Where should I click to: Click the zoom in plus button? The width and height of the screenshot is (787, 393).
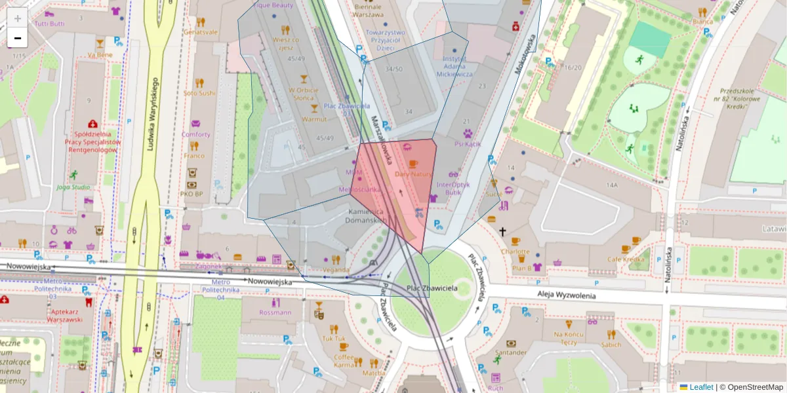pos(18,18)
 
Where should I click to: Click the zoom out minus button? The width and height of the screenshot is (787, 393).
pos(18,39)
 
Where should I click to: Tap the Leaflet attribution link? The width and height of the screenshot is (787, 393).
pos(700,387)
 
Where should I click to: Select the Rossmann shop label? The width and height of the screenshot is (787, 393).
pos(275,312)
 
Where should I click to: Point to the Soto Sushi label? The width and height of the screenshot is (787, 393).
pos(199,93)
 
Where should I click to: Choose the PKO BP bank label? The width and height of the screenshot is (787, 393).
pos(193,194)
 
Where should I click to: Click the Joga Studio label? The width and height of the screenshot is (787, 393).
pos(73,187)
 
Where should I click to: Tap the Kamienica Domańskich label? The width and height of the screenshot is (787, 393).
pos(365,217)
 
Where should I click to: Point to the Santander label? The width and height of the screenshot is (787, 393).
pos(511,352)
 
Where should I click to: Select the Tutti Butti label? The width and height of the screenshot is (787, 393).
pos(50,24)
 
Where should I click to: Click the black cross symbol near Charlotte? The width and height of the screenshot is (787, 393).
pos(503,231)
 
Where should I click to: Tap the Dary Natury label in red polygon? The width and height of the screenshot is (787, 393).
pos(413,174)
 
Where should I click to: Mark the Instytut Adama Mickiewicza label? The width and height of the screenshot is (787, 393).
pos(458,66)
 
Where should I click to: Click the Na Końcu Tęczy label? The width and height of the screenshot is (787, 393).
pos(569,338)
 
